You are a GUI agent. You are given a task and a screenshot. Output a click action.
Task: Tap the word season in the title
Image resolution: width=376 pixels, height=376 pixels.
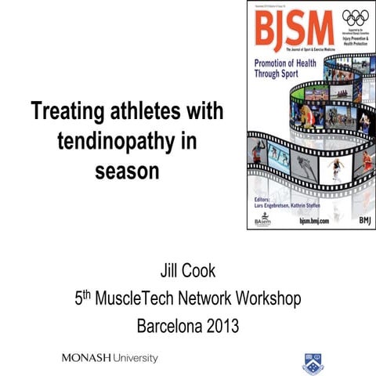click(x=126, y=168)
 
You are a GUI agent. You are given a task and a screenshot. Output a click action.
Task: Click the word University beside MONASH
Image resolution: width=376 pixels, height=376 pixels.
click(x=134, y=358)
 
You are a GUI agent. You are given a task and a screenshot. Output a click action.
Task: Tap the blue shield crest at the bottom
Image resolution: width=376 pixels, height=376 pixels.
click(x=309, y=361)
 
